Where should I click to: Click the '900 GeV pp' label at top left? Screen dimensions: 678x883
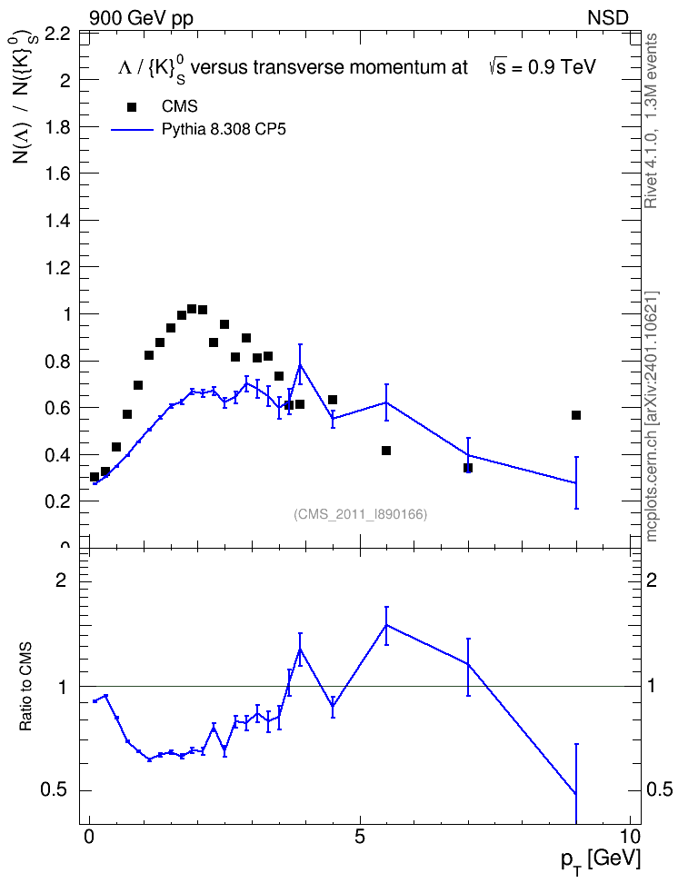point(141,18)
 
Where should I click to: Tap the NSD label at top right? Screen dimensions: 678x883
point(607,18)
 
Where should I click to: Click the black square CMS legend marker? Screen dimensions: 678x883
point(132,107)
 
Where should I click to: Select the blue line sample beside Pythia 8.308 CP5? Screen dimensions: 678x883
point(132,130)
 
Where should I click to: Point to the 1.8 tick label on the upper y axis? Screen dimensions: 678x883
point(57,127)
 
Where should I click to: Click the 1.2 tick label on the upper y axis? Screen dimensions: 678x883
point(57,267)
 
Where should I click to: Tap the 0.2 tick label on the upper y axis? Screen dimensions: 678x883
point(57,501)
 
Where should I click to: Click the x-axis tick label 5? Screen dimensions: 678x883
point(360,837)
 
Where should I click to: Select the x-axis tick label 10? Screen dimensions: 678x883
point(630,837)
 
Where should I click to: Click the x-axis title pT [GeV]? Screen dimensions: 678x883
point(601,861)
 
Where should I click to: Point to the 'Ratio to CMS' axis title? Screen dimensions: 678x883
point(26,687)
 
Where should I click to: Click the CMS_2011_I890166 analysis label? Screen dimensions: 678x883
point(361,514)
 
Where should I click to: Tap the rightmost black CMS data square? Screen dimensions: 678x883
point(576,415)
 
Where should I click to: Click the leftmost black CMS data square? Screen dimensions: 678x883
point(95,477)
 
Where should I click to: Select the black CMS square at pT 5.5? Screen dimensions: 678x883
point(386,451)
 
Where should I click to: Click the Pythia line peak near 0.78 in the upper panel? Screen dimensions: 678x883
point(301,364)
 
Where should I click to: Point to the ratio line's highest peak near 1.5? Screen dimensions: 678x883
point(386,624)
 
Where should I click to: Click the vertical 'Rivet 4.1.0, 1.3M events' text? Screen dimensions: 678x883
point(652,121)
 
